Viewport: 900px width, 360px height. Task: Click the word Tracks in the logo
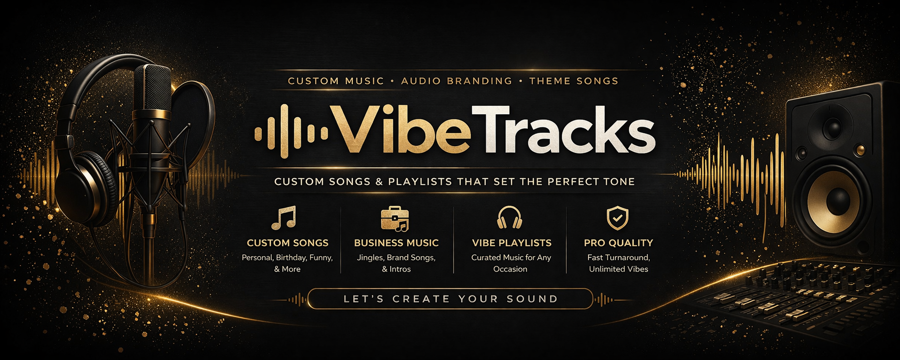pyautogui.click(x=563, y=130)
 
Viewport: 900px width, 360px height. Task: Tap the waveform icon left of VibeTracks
pyautogui.click(x=291, y=131)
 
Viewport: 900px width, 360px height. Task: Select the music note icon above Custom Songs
pyautogui.click(x=284, y=218)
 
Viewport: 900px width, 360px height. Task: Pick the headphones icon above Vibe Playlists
pyautogui.click(x=509, y=218)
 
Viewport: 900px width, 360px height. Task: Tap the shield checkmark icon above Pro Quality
pyautogui.click(x=618, y=218)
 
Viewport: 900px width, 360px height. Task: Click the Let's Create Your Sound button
pyautogui.click(x=450, y=299)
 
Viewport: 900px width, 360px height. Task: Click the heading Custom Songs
pyautogui.click(x=287, y=243)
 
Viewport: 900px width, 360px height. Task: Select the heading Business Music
pyautogui.click(x=396, y=243)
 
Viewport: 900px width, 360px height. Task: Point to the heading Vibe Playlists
pyautogui.click(x=512, y=243)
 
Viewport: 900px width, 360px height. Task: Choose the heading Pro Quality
pyautogui.click(x=618, y=243)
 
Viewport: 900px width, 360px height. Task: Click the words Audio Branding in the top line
pyautogui.click(x=457, y=81)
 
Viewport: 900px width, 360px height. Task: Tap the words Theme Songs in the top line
pyautogui.click(x=574, y=81)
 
